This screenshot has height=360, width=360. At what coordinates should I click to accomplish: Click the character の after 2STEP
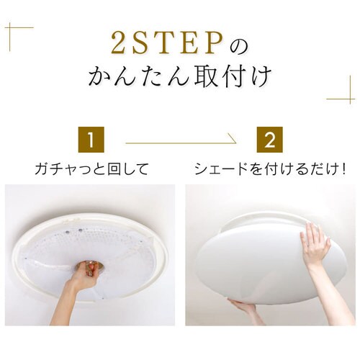[238, 45]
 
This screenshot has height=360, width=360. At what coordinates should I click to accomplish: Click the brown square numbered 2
[269, 139]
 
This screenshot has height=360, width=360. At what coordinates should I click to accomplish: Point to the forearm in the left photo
[69, 303]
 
